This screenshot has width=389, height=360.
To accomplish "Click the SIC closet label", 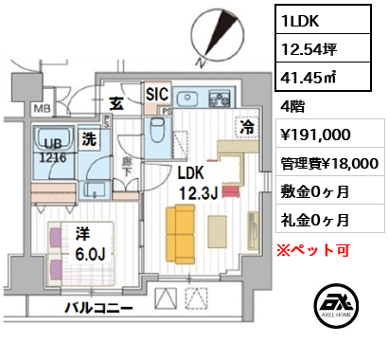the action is [x=157, y=94].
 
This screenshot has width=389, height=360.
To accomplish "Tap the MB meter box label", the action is [x=43, y=109].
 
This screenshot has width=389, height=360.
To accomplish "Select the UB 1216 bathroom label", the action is [x=53, y=151].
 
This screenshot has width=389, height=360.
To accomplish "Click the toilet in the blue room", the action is [x=157, y=130].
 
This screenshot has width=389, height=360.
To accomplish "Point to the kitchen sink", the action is [x=187, y=98].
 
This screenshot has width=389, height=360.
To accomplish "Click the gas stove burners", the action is [x=219, y=98].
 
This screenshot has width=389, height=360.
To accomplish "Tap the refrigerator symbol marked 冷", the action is [x=247, y=128].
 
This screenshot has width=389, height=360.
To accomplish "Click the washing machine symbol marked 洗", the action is [x=89, y=139].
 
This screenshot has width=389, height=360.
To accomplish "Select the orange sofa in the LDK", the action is [x=180, y=234].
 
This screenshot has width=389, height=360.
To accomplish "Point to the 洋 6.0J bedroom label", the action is [x=90, y=243].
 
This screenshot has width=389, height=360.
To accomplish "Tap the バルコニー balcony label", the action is [x=98, y=308].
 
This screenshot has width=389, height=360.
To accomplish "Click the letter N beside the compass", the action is [x=201, y=63].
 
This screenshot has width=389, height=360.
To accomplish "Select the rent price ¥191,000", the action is [x=315, y=135].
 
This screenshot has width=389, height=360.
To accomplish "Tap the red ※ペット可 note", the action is [x=313, y=250].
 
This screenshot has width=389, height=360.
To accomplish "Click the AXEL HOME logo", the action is [x=336, y=305].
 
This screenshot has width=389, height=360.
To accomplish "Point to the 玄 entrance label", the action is [x=116, y=103].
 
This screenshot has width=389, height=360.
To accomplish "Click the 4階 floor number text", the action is [x=292, y=107].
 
